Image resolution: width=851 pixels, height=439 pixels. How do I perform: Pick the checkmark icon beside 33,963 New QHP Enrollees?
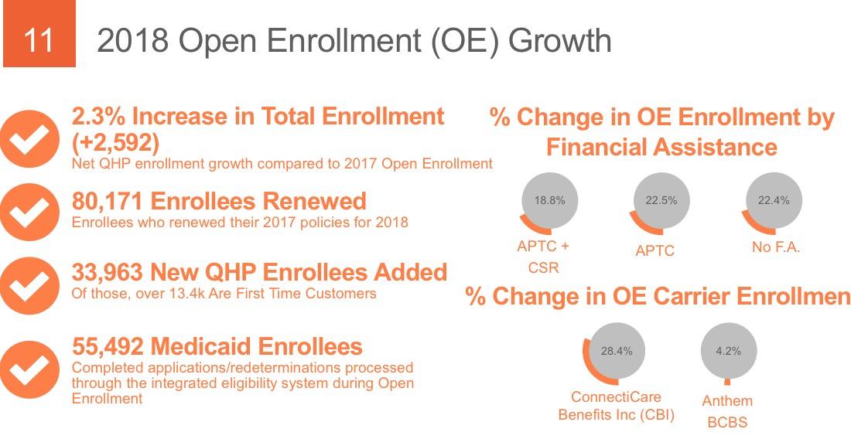tap(29, 284)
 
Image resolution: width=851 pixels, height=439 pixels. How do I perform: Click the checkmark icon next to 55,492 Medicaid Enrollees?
tap(29, 369)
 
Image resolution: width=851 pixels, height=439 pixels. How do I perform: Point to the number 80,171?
tap(108, 202)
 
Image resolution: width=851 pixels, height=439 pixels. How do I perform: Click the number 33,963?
tap(108, 272)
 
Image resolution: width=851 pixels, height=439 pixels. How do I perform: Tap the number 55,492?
tap(108, 345)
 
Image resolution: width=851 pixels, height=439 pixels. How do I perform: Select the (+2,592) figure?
tap(115, 143)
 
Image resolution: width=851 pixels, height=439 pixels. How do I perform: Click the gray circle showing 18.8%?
tap(550, 201)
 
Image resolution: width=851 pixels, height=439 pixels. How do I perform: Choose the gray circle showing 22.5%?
tap(661, 201)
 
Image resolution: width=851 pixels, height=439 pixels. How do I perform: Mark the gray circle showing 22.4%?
tap(773, 201)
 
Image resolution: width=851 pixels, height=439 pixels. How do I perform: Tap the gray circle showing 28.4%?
tap(617, 351)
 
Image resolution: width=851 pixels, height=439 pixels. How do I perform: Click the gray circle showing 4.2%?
tap(728, 351)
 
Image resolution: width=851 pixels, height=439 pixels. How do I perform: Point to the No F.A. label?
tap(775, 247)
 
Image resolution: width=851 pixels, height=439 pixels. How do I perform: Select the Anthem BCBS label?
tap(727, 411)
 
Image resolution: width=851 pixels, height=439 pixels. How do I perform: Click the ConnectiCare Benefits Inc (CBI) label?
tap(617, 406)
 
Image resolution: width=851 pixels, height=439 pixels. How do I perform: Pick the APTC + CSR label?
tap(543, 257)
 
